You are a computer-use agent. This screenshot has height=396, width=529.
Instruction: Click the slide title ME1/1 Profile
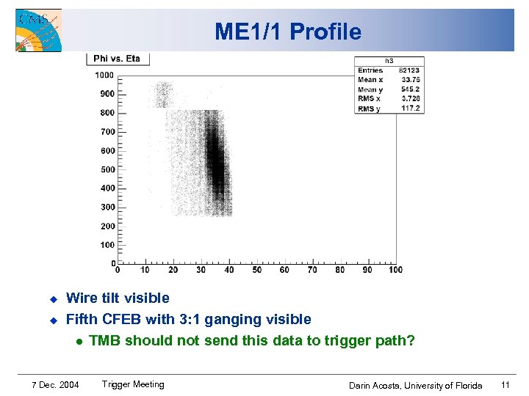click(x=288, y=32)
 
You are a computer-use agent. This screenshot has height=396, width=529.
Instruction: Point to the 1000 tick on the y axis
click(x=104, y=75)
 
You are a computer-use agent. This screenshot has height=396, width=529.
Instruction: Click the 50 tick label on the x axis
click(x=256, y=270)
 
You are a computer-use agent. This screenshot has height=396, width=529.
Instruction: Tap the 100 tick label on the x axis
click(x=395, y=270)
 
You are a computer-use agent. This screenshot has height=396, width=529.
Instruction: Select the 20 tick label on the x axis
click(x=173, y=270)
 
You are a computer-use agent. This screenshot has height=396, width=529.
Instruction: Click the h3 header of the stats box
click(x=389, y=62)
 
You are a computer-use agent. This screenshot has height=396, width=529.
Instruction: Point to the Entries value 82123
click(x=409, y=70)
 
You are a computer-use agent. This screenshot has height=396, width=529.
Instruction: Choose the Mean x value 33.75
click(x=411, y=80)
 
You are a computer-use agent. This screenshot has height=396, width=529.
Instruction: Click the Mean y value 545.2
click(x=411, y=89)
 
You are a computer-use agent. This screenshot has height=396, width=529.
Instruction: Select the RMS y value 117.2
click(x=411, y=109)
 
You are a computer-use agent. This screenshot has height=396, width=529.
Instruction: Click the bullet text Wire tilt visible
click(x=118, y=298)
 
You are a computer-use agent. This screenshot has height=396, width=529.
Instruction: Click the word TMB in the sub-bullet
click(x=104, y=340)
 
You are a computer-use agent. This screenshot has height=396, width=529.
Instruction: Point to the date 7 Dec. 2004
click(x=56, y=385)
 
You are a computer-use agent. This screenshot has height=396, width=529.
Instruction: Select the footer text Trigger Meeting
click(x=133, y=384)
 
